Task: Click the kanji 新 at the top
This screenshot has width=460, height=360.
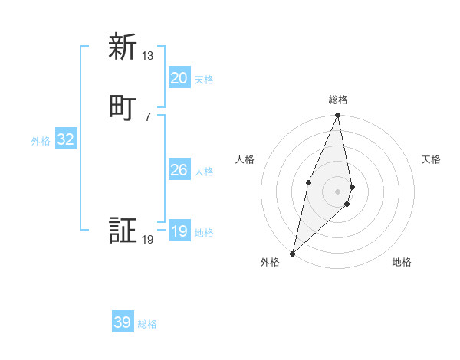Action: point(123,47)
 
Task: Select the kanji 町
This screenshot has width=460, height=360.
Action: point(123,107)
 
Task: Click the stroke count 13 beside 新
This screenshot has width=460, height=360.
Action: point(148,56)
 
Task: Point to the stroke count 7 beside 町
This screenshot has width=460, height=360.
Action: point(148,116)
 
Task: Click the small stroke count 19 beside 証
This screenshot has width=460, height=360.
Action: point(148,240)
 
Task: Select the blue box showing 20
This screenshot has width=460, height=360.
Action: point(179,78)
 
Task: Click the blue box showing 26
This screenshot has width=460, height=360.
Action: point(179,170)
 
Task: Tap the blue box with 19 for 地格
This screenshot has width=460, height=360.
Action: point(179,231)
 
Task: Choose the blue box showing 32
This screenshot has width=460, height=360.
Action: point(66,139)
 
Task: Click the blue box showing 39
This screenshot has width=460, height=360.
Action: point(123,322)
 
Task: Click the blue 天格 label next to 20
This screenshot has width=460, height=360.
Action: point(204,80)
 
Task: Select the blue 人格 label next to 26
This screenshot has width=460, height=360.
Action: point(204,172)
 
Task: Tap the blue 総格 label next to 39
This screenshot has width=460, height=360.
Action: point(147,324)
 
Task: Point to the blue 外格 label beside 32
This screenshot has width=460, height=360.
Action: point(41,141)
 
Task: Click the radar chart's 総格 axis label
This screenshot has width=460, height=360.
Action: point(338,100)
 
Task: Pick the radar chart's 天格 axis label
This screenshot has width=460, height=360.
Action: point(432,159)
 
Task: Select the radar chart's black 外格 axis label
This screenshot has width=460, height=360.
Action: point(270,263)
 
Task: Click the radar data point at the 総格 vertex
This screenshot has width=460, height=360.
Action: point(338,116)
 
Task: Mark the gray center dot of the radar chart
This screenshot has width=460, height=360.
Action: point(338,191)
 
